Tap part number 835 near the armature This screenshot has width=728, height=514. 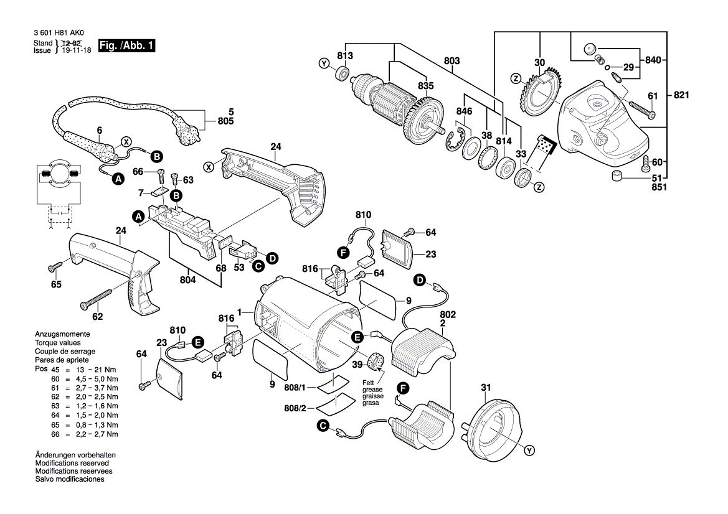(x=425, y=86)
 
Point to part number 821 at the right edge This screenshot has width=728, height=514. (x=682, y=95)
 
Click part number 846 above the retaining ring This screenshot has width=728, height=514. (x=465, y=111)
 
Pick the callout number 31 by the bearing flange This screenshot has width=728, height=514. (x=486, y=390)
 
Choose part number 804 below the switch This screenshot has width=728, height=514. (x=188, y=280)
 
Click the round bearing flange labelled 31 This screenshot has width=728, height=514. (x=495, y=427)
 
